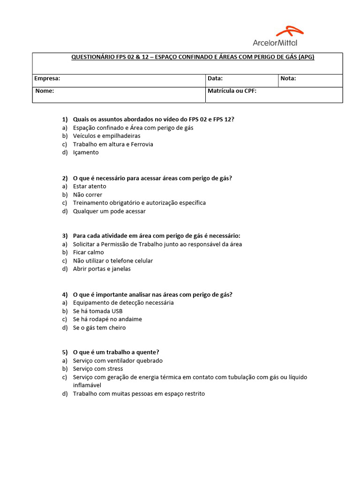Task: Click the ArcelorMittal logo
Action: pyautogui.click(x=278, y=37)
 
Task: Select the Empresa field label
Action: pyautogui.click(x=47, y=79)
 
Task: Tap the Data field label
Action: pyautogui.click(x=215, y=79)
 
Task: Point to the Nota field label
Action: pyautogui.click(x=288, y=79)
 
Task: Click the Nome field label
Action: pyautogui.click(x=45, y=91)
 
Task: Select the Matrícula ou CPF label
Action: pyautogui.click(x=232, y=91)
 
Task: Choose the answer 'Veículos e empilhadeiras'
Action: pyautogui.click(x=106, y=136)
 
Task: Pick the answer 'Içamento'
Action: pyautogui.click(x=86, y=152)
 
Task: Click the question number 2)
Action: pyautogui.click(x=65, y=178)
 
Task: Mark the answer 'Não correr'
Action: pyautogui.click(x=87, y=195)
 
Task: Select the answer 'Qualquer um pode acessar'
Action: pyautogui.click(x=109, y=211)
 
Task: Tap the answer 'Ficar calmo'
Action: pyautogui.click(x=89, y=253)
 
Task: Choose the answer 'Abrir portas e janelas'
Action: pyautogui.click(x=102, y=269)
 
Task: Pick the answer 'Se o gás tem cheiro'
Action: pyautogui.click(x=99, y=328)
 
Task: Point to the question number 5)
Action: pyautogui.click(x=65, y=352)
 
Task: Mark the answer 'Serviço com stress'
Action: pyautogui.click(x=98, y=369)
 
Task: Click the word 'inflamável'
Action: pyautogui.click(x=88, y=385)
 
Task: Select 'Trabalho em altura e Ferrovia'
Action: pyautogui.click(x=113, y=144)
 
